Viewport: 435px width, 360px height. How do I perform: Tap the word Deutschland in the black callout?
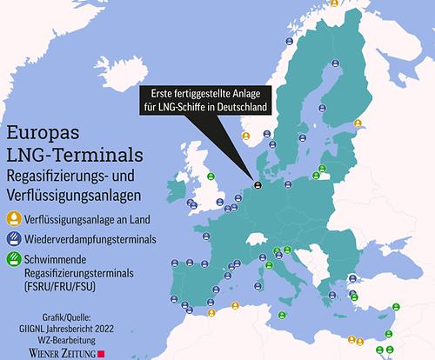coord(238,106)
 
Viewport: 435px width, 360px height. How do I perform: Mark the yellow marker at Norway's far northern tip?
coord(333,3)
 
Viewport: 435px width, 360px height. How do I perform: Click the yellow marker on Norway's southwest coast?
coord(246,136)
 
